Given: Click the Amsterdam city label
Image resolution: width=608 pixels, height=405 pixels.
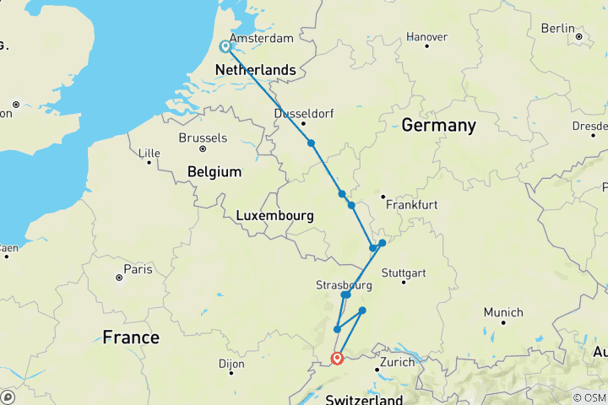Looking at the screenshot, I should tap(261, 39).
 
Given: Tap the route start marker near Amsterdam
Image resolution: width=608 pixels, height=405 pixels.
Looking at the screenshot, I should tap(226, 47).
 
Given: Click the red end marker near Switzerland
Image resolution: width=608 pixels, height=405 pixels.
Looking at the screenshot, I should tap(337, 358).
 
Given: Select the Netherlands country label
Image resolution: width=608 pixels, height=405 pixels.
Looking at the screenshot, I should tap(256, 70).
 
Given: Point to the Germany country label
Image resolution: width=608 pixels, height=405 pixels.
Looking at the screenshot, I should tap(438, 125).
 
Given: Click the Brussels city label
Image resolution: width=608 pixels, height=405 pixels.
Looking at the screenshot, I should tap(203, 138).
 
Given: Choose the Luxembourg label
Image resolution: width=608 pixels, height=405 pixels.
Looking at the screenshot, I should tap(274, 216).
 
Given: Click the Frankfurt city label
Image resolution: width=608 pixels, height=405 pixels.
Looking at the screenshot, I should tap(410, 205).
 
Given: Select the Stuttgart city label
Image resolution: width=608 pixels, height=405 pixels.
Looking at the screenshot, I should tap(404, 273).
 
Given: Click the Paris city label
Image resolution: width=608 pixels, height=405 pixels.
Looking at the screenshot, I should tap(138, 269).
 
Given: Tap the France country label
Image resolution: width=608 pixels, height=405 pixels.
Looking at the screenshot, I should tap(131, 337).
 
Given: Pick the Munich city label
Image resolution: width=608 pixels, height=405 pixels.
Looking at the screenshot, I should tap(502, 312).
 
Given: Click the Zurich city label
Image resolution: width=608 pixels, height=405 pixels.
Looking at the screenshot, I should tap(397, 362).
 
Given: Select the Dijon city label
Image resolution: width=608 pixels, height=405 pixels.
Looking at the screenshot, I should tap(231, 364).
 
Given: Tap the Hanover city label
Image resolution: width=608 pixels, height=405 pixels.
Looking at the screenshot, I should tap(426, 37).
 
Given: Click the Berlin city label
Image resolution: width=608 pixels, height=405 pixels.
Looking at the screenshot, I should tap(557, 29).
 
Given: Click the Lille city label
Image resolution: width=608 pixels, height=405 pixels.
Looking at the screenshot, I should tap(149, 153).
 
